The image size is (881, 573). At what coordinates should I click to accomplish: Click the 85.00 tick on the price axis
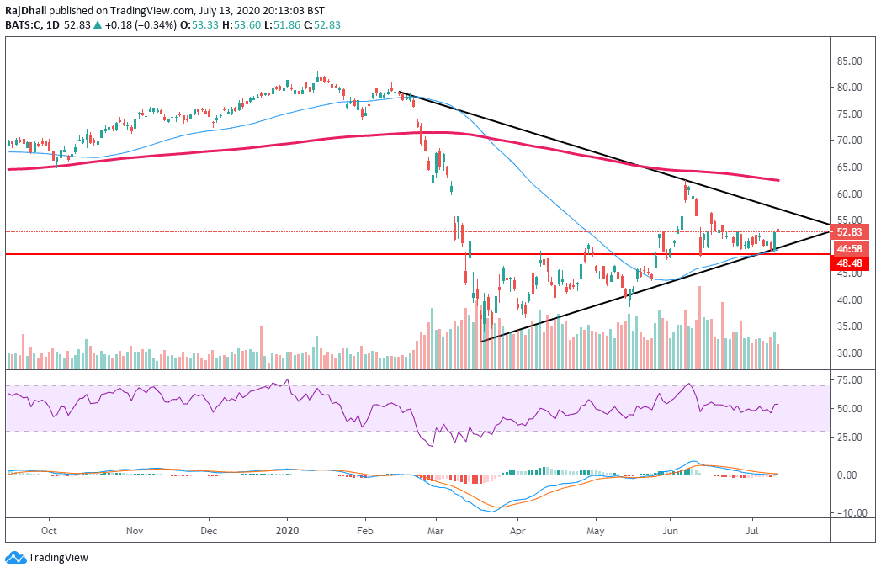(x=850, y=61)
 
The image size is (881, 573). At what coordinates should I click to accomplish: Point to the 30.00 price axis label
(x=850, y=353)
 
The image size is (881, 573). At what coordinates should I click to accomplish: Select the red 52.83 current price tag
(x=848, y=231)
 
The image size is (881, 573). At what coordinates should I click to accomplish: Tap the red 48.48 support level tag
(x=848, y=263)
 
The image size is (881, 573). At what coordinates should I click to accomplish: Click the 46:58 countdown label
(x=848, y=248)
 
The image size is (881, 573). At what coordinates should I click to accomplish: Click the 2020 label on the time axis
(x=288, y=532)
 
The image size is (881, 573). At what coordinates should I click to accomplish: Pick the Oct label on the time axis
(x=49, y=532)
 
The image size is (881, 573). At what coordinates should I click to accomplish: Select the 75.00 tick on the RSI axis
(x=850, y=380)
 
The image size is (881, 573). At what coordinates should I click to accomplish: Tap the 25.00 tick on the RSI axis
(x=850, y=437)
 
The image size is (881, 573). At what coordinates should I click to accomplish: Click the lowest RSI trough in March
(x=433, y=445)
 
